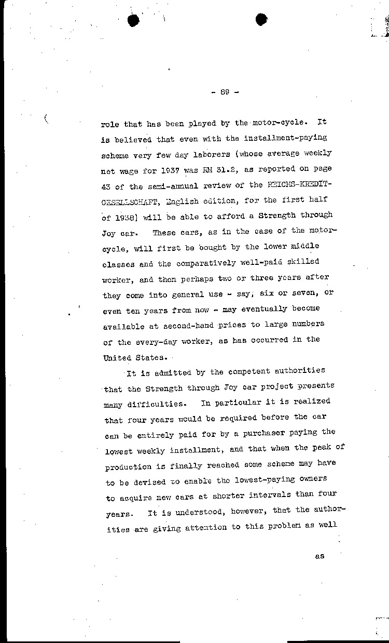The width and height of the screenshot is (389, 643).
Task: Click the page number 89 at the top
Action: click(x=225, y=92)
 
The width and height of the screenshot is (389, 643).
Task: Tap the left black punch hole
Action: click(x=134, y=20)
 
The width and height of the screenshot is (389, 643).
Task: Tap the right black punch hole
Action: click(x=261, y=20)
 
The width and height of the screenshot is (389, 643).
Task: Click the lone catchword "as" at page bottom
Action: click(x=319, y=556)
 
